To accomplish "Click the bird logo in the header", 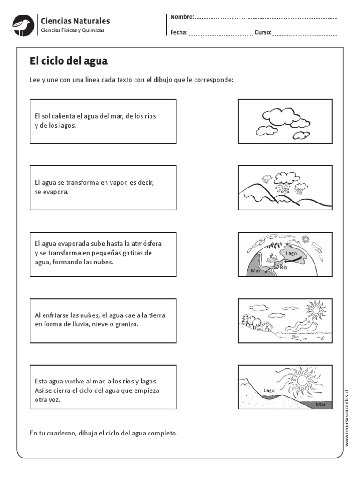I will click(22, 25).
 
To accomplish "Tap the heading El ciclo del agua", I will click(69, 61).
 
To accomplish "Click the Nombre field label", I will click(182, 17).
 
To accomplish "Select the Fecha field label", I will click(179, 33).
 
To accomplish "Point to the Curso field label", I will click(262, 33).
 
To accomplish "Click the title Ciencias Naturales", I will click(75, 21).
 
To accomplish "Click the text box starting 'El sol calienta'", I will click(103, 121).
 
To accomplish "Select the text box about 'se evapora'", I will click(103, 187).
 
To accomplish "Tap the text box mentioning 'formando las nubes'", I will click(103, 254).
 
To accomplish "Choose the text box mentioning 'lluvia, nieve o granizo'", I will click(103, 320).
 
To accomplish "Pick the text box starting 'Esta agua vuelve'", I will click(103, 387).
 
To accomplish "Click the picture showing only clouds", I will click(285, 121).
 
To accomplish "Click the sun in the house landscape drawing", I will click(315, 309).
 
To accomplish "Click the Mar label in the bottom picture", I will click(321, 404).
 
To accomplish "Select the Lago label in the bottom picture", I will click(269, 390).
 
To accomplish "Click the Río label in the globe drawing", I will click(284, 267).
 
